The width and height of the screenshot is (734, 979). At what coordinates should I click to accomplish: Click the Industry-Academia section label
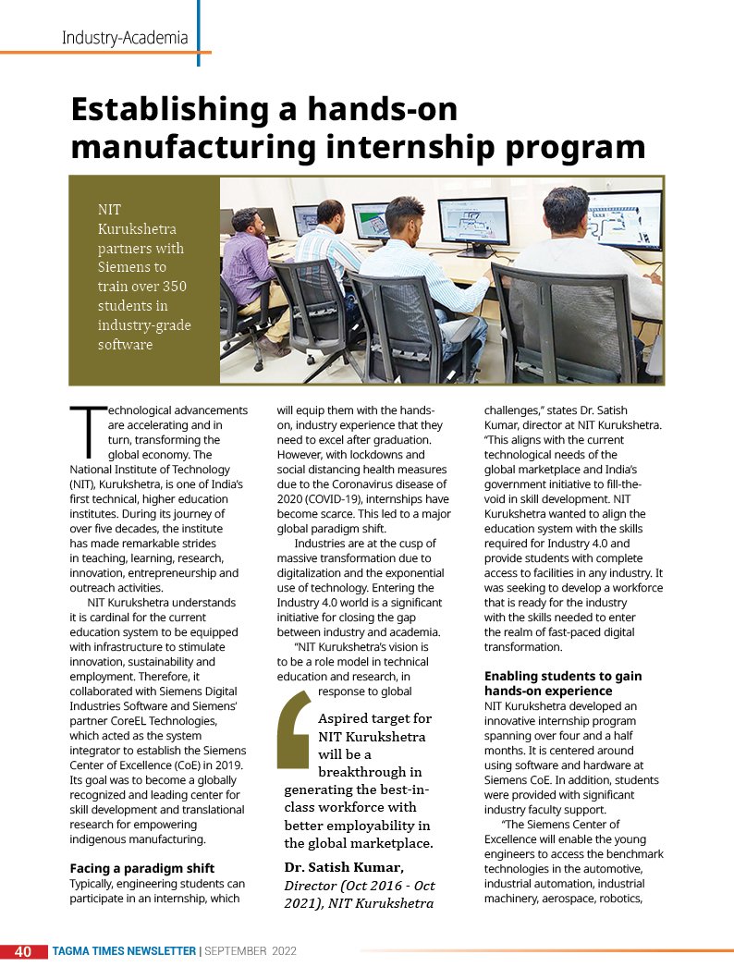pos(125,38)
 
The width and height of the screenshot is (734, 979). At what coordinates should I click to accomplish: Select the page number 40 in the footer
pos(23,950)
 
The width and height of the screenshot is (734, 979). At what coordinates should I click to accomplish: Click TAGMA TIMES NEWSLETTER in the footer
pos(124,950)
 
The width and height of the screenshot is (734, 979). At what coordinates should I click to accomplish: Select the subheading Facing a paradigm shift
pos(141,867)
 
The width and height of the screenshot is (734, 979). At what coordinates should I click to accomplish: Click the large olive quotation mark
pos(294,729)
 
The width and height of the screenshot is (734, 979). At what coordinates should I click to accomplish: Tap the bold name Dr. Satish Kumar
pos(344,866)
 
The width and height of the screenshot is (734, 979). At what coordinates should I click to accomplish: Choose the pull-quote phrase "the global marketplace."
pos(359,843)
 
